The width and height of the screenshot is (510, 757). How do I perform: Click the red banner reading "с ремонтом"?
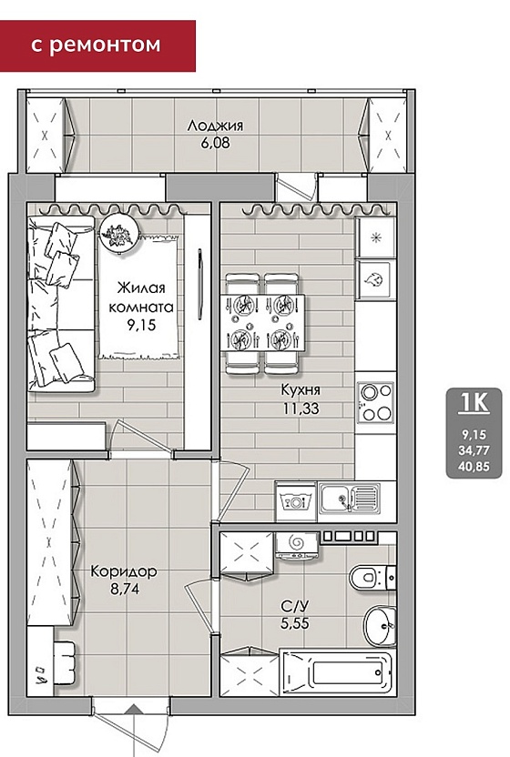(x=97, y=45)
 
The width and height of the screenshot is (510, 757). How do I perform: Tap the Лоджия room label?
(x=215, y=126)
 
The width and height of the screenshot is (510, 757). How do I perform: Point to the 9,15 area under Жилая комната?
(x=142, y=325)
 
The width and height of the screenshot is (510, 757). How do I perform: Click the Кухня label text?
(x=301, y=389)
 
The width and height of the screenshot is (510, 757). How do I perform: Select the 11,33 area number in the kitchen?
(x=301, y=409)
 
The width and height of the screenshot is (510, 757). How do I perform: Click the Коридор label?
(x=124, y=571)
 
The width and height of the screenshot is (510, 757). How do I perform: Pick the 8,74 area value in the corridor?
(x=124, y=589)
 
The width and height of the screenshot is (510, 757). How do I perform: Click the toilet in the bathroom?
(x=372, y=576)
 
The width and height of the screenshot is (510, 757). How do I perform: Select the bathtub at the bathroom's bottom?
(x=339, y=673)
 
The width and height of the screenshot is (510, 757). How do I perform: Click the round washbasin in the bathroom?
(x=380, y=626)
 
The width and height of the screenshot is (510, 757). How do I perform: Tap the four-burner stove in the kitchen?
(x=375, y=401)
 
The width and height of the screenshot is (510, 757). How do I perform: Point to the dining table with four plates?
(x=262, y=322)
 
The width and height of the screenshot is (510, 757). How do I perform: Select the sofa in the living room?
(x=60, y=304)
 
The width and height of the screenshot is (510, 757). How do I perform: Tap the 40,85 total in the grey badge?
(x=474, y=467)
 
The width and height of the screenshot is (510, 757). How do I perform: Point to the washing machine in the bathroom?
(x=296, y=547)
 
